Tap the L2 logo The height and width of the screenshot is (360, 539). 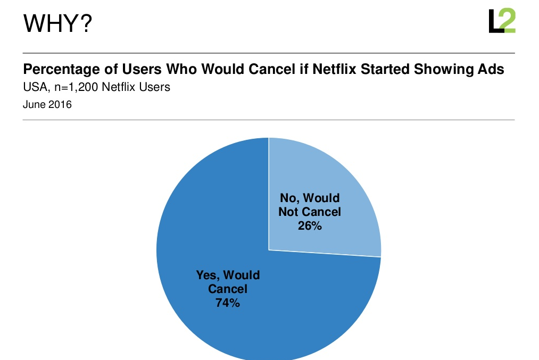click(x=502, y=21)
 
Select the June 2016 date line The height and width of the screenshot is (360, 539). click(x=47, y=104)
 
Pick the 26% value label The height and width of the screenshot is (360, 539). click(x=309, y=225)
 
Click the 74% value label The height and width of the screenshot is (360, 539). click(x=228, y=304)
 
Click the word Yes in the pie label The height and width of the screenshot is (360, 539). click(x=208, y=275)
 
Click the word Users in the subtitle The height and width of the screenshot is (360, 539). click(x=152, y=87)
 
